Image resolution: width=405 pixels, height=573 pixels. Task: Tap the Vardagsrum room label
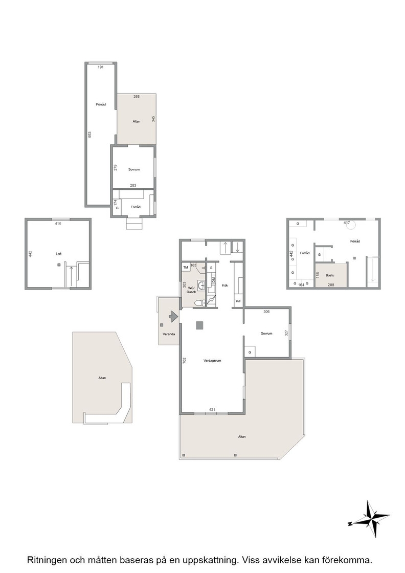(x=212, y=361)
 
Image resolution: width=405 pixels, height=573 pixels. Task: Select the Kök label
(x=225, y=285)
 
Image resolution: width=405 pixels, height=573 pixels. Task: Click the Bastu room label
(x=330, y=275)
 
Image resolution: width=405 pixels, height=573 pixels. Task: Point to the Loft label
(x=58, y=254)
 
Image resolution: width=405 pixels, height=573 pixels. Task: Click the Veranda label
(x=169, y=334)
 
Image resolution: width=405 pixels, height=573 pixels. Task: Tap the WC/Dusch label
(x=191, y=290)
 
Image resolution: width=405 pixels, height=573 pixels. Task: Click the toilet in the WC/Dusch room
(x=198, y=303)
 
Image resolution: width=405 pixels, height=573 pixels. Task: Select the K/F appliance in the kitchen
(x=239, y=301)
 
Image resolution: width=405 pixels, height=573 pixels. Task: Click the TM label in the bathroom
(x=186, y=268)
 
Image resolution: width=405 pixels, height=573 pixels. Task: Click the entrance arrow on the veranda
(x=173, y=316)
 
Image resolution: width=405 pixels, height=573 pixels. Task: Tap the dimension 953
(x=90, y=135)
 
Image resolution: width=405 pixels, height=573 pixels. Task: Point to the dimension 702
(x=185, y=360)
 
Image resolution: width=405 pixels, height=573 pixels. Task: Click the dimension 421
(x=212, y=409)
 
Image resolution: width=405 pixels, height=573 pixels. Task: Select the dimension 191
(x=101, y=67)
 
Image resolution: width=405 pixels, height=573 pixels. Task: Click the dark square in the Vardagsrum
(x=200, y=325)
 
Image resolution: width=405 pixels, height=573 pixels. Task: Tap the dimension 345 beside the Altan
(x=153, y=119)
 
